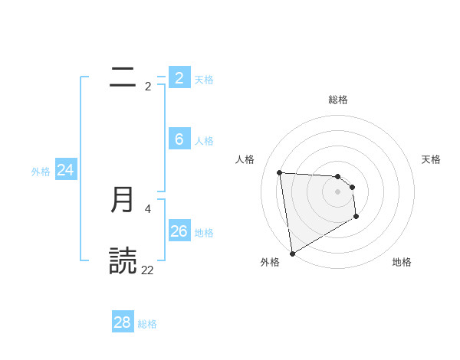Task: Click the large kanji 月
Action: [x=123, y=200]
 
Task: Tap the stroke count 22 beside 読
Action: [x=147, y=270]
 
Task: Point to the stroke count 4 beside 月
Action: [x=148, y=208]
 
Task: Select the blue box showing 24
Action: [x=66, y=170]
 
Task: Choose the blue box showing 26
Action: [x=179, y=231]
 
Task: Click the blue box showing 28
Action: [x=122, y=322]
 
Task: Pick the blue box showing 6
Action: [x=179, y=139]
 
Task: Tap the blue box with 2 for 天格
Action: [x=179, y=77]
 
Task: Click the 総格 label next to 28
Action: [x=147, y=324]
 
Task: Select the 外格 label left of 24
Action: [x=41, y=172]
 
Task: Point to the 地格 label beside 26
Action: [x=204, y=233]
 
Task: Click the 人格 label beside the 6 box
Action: [x=204, y=141]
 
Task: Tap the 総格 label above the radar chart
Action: [x=338, y=100]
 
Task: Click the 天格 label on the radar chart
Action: [x=431, y=159]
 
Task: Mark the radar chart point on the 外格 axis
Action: [x=292, y=253]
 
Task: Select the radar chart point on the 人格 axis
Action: [x=280, y=172]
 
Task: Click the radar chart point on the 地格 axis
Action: [x=356, y=218]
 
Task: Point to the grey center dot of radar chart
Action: [x=338, y=192]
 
